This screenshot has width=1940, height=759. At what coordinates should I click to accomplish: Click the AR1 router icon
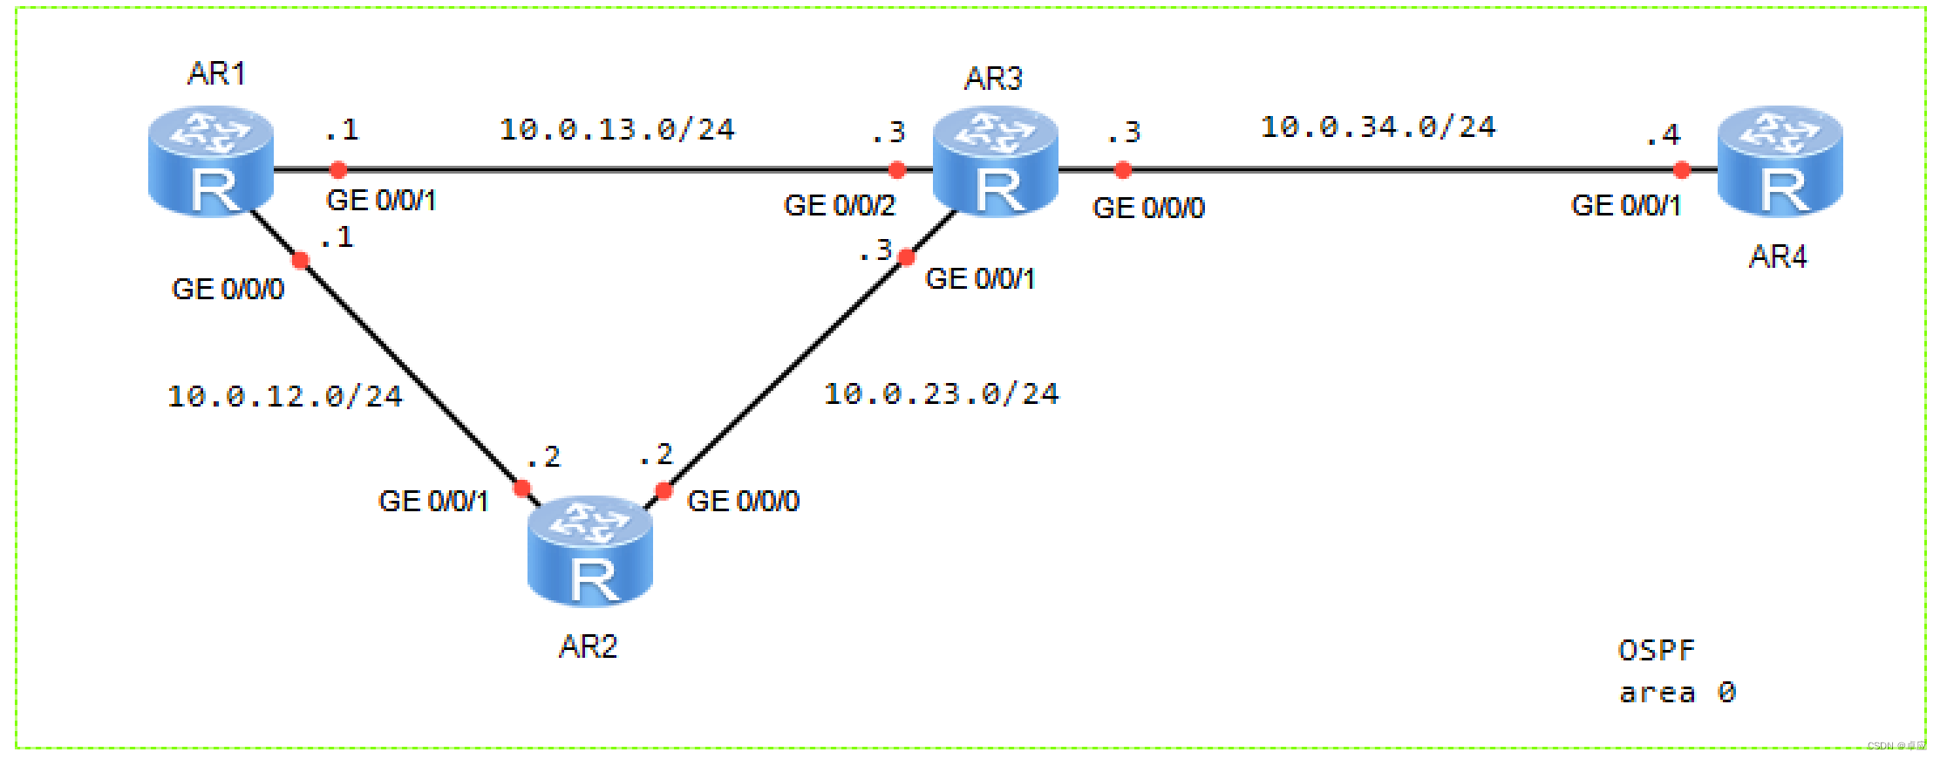pos(211,161)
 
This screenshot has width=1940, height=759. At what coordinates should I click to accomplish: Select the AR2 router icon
pos(590,551)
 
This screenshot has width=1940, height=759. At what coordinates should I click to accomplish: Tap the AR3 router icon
pos(996,161)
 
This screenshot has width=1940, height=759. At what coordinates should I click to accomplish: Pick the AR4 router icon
pos(1780,161)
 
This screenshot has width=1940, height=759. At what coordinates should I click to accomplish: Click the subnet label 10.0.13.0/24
pos(617,130)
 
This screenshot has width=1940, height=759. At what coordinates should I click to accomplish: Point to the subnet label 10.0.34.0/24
pos(1378,127)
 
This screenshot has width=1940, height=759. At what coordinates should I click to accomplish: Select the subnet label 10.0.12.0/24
pos(285,397)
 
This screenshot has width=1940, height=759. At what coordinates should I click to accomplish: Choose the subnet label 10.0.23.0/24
pos(942,394)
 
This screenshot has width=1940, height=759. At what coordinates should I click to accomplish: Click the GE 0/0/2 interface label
pos(839,206)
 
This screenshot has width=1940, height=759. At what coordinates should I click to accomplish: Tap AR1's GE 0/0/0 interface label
pos(228,290)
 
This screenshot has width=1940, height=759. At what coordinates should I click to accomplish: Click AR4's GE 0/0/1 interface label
pos(1625,206)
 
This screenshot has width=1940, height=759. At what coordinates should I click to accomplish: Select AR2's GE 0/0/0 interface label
pos(743,502)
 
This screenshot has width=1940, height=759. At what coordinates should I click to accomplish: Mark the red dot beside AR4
pos(1682,170)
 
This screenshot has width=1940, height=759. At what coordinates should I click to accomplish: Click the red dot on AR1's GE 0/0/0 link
pos(301,260)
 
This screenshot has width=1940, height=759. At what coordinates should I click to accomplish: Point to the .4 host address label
pos(1663,135)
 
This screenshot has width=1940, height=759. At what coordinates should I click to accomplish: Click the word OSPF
pos(1657,651)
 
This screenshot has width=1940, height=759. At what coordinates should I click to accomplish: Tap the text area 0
pos(1678,694)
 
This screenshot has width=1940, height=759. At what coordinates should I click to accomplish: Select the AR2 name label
pos(589,646)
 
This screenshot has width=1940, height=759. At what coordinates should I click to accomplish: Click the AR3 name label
pos(993,79)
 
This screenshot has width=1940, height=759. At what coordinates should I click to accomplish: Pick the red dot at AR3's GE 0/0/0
pos(1123,170)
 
